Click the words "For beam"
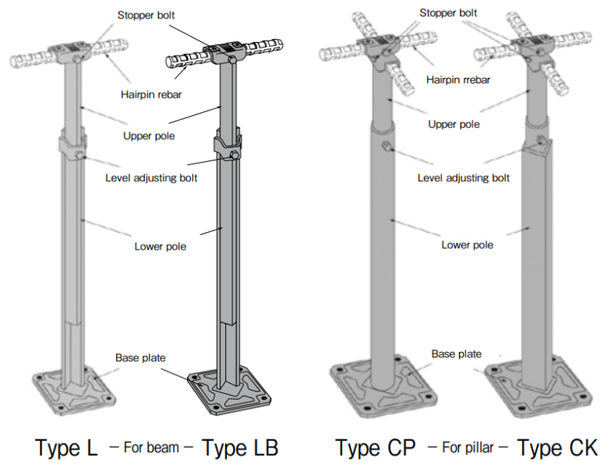pos(151,447)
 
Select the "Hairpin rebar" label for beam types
pos(151,95)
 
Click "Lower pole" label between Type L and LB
pos(160,246)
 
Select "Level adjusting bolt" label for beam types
pos(151,177)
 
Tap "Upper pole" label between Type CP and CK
pos(453,125)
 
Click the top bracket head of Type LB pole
pos(230,54)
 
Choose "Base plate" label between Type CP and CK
pos(456,354)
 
